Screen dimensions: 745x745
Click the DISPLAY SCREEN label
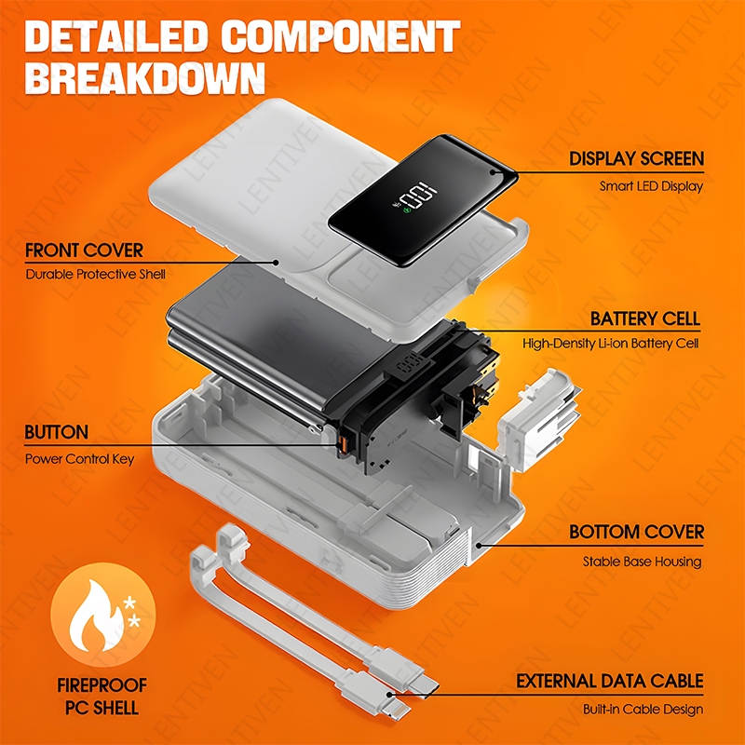637,159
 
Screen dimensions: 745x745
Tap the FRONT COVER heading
85,251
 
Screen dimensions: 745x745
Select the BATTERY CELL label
644,319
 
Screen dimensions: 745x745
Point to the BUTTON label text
57,433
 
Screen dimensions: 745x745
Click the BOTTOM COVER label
637,533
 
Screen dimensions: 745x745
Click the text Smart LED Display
651,186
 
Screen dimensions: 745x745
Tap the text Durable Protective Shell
95,275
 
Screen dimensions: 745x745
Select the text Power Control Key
79,458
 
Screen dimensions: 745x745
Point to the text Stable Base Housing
643,562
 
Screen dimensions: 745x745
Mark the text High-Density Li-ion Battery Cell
611,344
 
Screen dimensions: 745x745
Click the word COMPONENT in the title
345,34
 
